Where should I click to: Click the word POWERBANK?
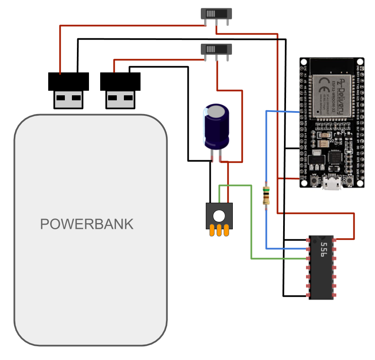pos(87,224)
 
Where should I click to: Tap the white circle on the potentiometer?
pos(219,216)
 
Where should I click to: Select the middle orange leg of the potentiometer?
pos(220,230)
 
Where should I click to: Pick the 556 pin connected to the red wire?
pos(335,239)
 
